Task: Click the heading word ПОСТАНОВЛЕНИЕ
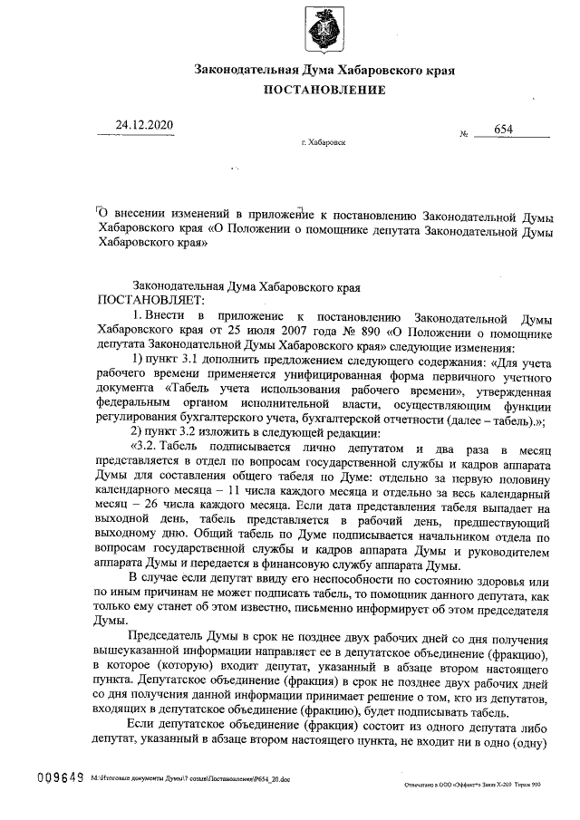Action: pos(324,90)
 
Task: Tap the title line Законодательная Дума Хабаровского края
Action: pos(324,70)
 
